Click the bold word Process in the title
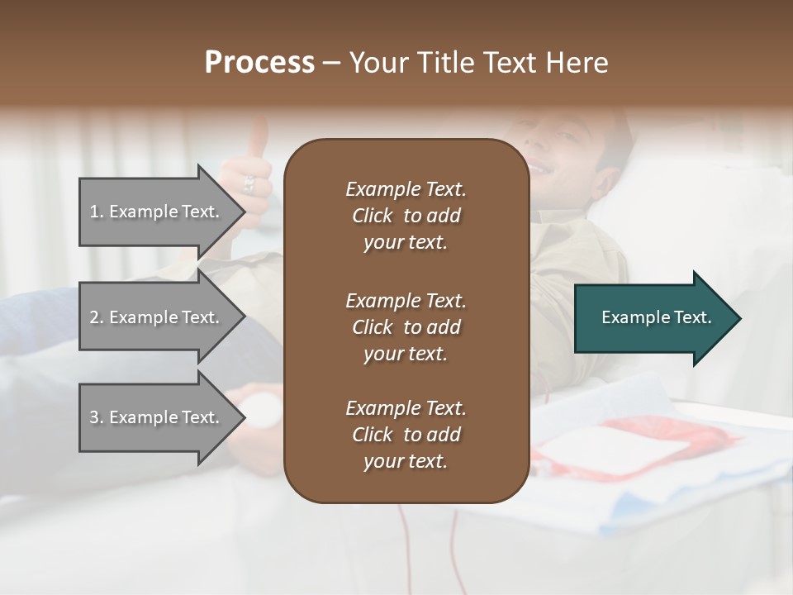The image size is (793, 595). tap(259, 63)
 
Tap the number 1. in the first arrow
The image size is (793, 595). tap(97, 212)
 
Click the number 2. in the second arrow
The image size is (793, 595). tap(97, 317)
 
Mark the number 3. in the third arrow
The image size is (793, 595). tap(97, 417)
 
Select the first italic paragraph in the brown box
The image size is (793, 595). tap(406, 216)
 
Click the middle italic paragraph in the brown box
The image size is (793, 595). tap(406, 326)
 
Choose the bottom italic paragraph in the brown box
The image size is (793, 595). tap(406, 435)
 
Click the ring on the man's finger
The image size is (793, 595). tap(249, 183)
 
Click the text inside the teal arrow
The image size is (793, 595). tap(657, 317)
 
